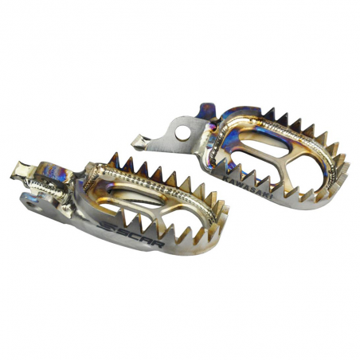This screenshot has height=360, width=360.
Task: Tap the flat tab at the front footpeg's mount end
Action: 22,169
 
